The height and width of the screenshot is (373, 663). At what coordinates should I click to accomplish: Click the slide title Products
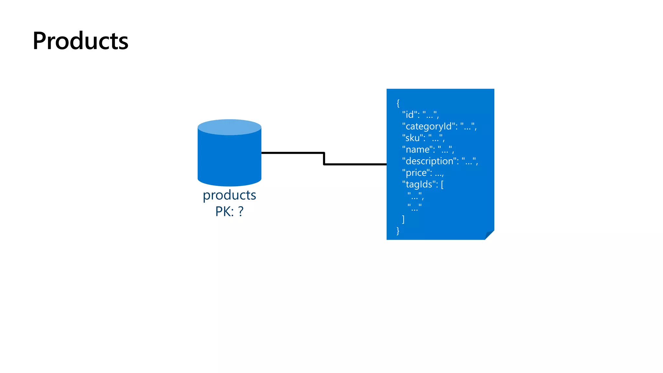coord(80,41)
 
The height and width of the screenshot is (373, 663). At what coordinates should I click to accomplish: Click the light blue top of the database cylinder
coord(229,127)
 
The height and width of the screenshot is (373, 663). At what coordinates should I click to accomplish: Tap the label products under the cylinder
coord(229,195)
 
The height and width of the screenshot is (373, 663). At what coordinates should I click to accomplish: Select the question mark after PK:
coord(241,211)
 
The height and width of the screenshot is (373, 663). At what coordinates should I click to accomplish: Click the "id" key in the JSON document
coord(410,115)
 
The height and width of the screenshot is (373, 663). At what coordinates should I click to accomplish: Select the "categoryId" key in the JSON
coord(429,126)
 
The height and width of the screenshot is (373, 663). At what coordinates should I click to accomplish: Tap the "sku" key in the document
coord(412,138)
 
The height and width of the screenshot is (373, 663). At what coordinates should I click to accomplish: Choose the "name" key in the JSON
coord(417,150)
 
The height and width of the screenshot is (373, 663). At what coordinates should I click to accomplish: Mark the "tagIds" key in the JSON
coord(419,185)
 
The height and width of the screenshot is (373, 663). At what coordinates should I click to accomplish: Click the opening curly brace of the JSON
coord(398,103)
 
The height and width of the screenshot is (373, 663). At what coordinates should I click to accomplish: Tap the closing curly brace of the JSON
coord(398,231)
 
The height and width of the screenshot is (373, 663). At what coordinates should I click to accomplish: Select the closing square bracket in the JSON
coord(403,219)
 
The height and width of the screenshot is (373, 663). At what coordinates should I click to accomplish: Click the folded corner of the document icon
coord(489,235)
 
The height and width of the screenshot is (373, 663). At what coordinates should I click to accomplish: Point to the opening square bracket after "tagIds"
coord(442,185)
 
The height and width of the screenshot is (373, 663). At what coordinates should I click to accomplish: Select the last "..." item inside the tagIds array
coord(415,208)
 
